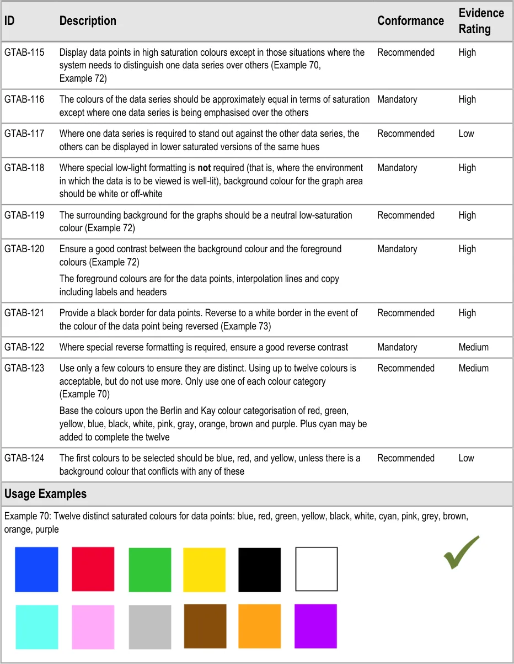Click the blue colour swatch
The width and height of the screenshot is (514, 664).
[36, 569]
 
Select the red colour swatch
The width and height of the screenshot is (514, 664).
[93, 569]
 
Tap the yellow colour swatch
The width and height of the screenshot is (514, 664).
[204, 569]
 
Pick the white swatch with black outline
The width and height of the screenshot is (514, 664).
[317, 569]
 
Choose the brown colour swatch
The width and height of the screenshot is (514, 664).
[205, 626]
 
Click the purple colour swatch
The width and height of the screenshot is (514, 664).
[315, 626]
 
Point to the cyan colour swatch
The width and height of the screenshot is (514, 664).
[36, 626]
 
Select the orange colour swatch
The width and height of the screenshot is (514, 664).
[260, 626]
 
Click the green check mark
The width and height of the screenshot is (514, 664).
[461, 552]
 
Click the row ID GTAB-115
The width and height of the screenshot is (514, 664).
[24, 52]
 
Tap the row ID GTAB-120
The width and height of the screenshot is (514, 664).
[24, 249]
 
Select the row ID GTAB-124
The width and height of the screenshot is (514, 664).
[24, 458]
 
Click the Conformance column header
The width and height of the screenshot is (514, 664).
[410, 21]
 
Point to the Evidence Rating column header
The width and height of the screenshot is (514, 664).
[481, 21]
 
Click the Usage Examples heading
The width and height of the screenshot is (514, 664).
[45, 493]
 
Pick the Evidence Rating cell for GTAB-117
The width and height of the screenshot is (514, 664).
[466, 134]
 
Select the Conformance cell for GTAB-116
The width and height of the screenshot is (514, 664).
[397, 99]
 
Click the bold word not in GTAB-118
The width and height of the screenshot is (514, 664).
[204, 168]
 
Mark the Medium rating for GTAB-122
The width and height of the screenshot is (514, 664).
[473, 347]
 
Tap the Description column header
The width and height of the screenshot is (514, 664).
[88, 21]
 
